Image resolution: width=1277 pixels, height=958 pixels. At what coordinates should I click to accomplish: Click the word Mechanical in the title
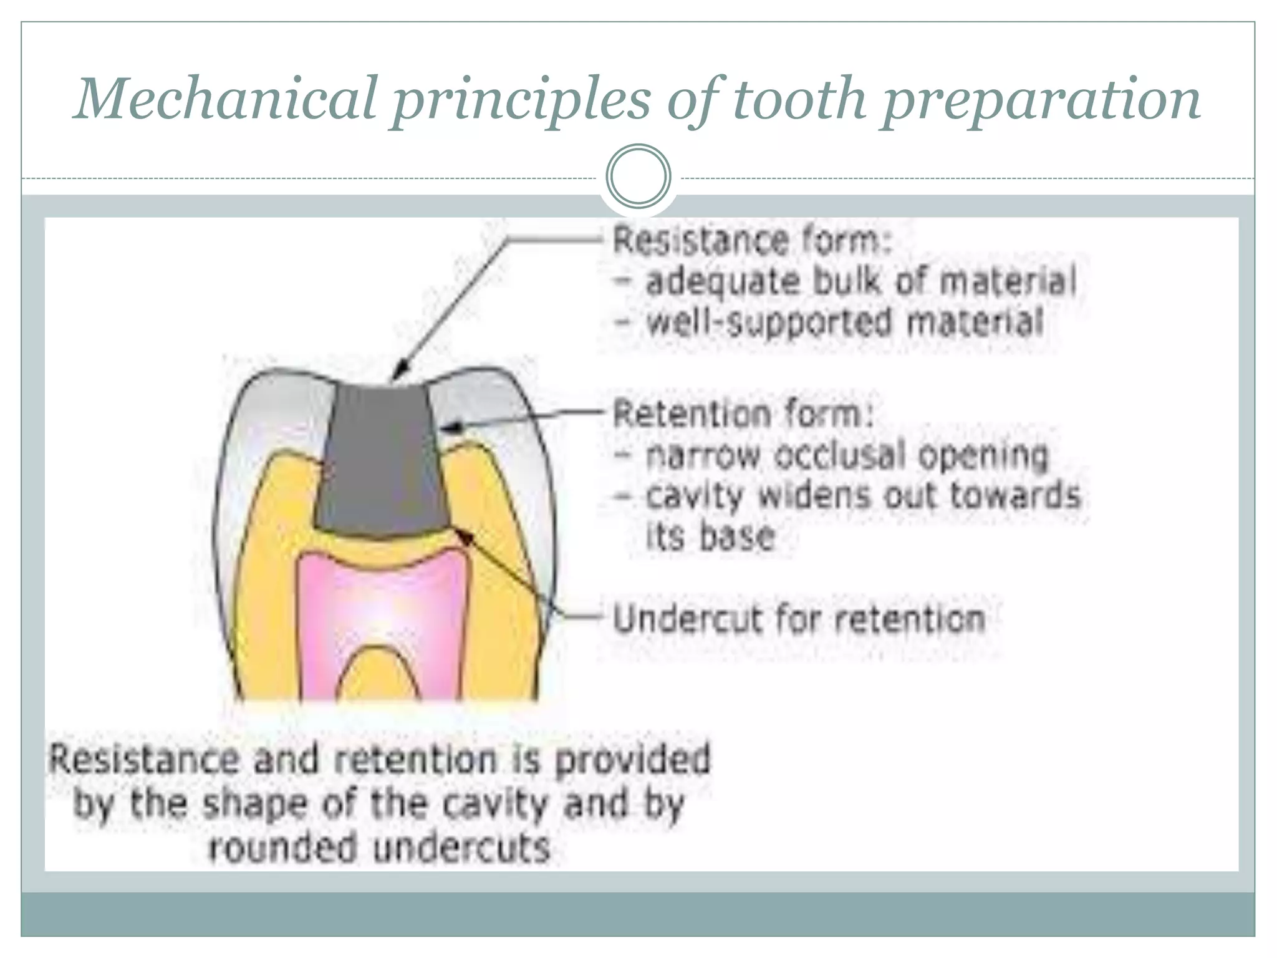click(224, 99)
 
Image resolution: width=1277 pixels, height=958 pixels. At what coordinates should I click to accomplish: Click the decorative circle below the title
click(638, 176)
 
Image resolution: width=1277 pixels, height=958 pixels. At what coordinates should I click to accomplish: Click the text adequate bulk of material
click(860, 282)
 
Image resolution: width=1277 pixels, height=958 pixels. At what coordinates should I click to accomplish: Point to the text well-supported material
click(845, 323)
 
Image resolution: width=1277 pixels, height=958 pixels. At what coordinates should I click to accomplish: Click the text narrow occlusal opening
click(846, 455)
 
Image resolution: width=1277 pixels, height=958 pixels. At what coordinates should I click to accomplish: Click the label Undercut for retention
click(799, 619)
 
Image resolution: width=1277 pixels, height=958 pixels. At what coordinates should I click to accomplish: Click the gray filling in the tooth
click(380, 462)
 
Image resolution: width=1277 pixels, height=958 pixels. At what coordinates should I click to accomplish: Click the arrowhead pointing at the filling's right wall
click(450, 427)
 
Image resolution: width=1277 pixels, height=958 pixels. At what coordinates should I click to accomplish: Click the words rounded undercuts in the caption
click(380, 848)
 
